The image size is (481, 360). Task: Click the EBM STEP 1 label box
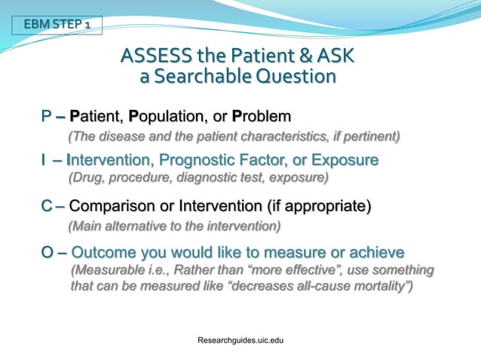coord(57,26)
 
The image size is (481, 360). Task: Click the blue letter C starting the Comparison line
coord(47,206)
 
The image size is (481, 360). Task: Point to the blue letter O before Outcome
coord(47,252)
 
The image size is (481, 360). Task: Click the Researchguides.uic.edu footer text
coord(239,341)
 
